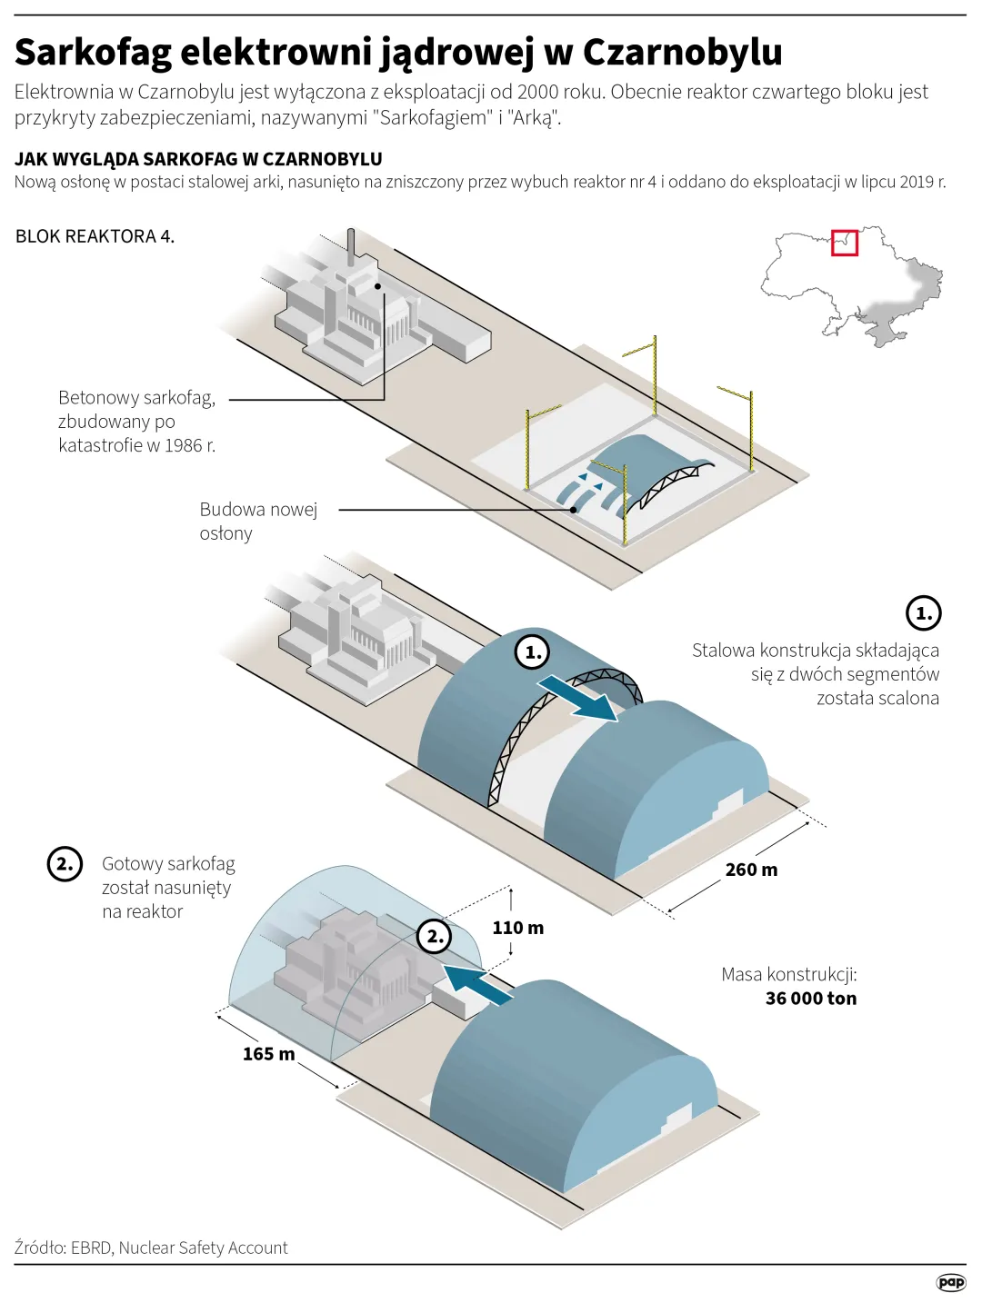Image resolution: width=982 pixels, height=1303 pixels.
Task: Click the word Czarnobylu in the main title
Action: click(x=682, y=52)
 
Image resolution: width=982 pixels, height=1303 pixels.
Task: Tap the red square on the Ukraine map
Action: click(x=845, y=243)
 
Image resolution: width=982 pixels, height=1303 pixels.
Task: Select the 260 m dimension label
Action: click(x=751, y=870)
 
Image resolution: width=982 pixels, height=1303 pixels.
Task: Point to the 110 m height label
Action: click(x=517, y=928)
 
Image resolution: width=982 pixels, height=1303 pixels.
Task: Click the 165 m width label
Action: click(x=268, y=1054)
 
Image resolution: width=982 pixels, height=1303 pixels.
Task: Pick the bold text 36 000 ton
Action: click(x=810, y=999)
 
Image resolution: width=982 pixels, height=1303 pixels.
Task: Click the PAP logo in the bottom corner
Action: click(x=950, y=1282)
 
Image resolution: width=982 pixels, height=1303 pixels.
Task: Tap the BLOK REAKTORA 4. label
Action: click(x=95, y=236)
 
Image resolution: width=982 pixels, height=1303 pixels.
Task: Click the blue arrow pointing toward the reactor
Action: click(x=478, y=985)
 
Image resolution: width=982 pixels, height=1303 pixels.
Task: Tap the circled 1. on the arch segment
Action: click(x=532, y=651)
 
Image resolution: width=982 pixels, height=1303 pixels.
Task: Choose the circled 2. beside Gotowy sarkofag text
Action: click(x=65, y=863)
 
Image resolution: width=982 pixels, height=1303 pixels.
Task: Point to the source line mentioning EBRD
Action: click(x=151, y=1248)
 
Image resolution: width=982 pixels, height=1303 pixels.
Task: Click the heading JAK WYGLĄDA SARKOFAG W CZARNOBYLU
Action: click(x=198, y=159)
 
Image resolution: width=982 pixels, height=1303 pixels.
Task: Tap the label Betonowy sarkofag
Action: click(x=136, y=398)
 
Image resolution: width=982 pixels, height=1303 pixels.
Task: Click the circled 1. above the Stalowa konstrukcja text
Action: click(x=923, y=613)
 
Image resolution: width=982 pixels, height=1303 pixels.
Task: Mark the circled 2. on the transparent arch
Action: click(x=434, y=936)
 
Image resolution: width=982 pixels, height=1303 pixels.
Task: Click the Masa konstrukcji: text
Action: click(x=788, y=974)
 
